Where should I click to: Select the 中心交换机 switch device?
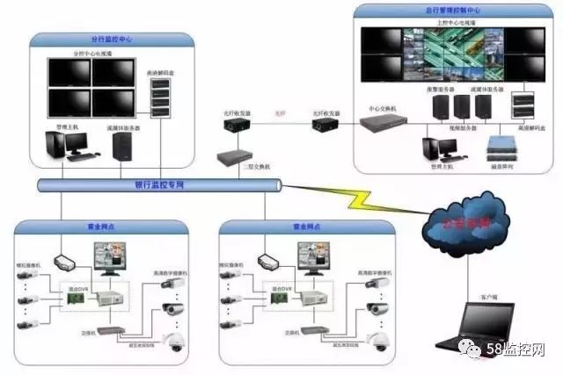[383, 123]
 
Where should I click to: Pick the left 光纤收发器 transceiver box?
[236, 125]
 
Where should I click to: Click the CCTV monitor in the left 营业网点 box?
[113, 263]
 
